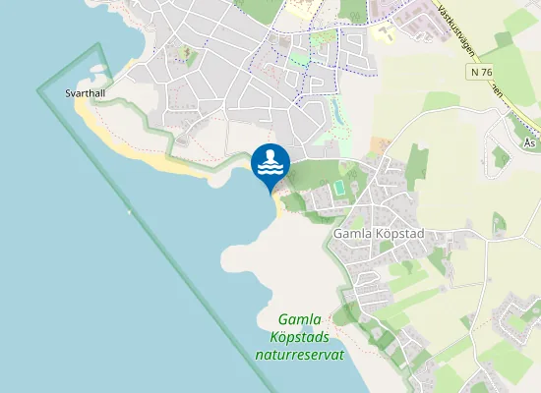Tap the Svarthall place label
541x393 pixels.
point(84,93)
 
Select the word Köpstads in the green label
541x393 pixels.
point(299,337)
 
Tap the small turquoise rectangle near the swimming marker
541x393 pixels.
point(340,186)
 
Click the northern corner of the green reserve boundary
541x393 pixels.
point(100,45)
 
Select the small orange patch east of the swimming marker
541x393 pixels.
point(379,145)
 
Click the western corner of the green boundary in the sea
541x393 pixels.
point(39,90)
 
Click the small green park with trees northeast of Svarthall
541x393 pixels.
point(183,55)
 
